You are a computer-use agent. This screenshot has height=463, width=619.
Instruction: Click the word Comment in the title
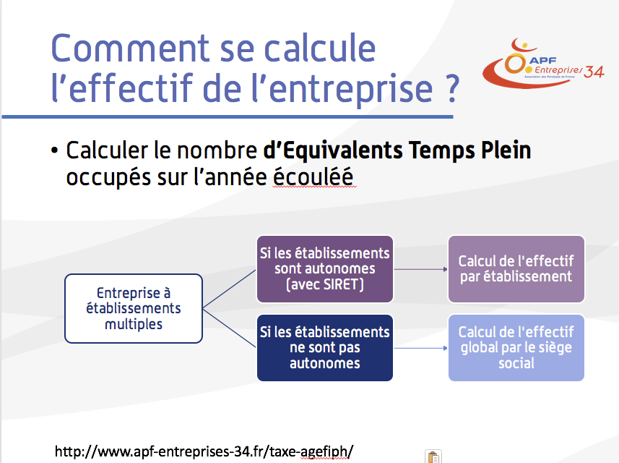click(130, 48)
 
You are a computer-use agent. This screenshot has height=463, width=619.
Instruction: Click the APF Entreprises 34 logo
click(543, 63)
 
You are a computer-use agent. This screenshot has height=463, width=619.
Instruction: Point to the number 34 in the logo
click(594, 72)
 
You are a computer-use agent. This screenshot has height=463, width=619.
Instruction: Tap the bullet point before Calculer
click(54, 150)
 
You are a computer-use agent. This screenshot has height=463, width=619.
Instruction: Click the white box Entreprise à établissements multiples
click(134, 308)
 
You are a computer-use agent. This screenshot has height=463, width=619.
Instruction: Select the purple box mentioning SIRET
click(324, 269)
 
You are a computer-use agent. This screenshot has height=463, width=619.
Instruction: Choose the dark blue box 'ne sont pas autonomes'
click(324, 347)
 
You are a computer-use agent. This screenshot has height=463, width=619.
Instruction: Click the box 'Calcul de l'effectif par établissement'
click(516, 269)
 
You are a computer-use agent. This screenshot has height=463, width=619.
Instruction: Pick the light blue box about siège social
click(516, 347)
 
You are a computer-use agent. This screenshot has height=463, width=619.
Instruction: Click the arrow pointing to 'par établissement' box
click(420, 269)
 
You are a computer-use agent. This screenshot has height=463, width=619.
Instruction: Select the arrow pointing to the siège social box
click(420, 348)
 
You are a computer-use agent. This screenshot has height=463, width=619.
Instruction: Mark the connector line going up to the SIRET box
click(229, 289)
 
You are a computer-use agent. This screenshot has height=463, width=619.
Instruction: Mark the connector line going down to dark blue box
click(229, 328)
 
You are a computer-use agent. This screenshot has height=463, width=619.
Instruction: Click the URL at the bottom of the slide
click(204, 451)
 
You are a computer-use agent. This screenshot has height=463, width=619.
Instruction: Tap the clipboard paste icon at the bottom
click(433, 456)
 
